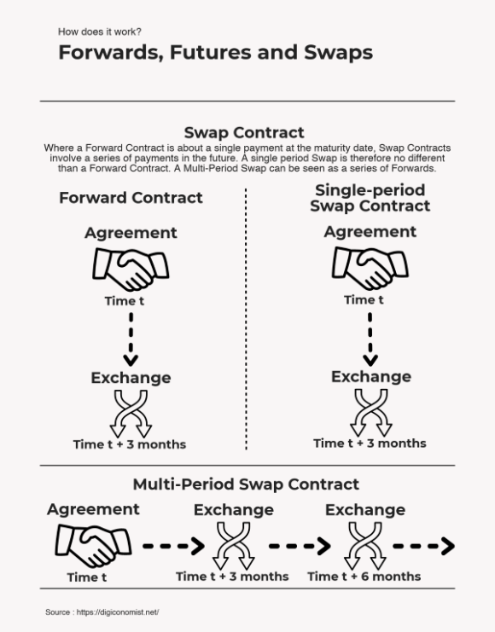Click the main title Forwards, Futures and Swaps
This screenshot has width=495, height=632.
coord(215,53)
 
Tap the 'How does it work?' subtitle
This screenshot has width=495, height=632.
coord(100,32)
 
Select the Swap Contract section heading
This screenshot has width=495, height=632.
coord(244,132)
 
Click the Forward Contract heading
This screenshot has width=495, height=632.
coord(131,198)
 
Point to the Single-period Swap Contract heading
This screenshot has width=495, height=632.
coord(370,198)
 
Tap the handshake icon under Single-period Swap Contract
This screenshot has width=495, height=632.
coord(370,268)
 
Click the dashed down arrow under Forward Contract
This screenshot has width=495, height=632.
coord(131,340)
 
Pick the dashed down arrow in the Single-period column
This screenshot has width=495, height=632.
coord(370,339)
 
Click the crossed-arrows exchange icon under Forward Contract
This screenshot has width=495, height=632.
coord(131,414)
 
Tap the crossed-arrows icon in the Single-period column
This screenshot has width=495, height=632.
coord(370,412)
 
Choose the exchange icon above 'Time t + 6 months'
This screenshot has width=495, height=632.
coord(365,546)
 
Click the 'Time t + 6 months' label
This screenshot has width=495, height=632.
coord(364,577)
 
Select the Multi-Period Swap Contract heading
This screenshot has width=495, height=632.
coord(246,484)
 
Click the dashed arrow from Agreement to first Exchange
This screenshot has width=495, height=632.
coord(174,546)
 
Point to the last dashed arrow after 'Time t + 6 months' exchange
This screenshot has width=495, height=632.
coord(424,546)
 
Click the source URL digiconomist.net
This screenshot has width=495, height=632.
coord(118,612)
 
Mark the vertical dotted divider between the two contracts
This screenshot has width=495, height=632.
coord(246,318)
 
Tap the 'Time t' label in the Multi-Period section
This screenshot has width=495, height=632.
coord(87,577)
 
